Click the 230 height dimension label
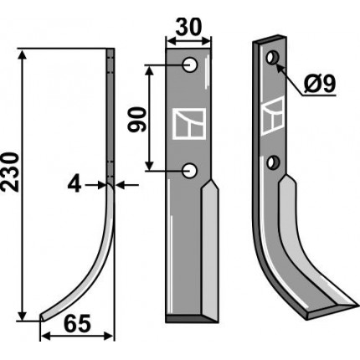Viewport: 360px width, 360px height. (10, 172)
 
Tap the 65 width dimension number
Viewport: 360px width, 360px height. (77, 324)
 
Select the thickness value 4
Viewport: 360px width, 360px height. (75, 185)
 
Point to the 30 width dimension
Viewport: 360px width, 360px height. (188, 28)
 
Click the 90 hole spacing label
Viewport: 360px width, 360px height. (137, 120)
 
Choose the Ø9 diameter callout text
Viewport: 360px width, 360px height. (319, 84)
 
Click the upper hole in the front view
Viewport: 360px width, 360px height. (190, 65)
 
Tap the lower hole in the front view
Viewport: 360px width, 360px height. (190, 170)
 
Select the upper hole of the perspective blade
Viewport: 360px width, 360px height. (272, 58)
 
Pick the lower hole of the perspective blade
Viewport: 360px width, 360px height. (273, 162)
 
